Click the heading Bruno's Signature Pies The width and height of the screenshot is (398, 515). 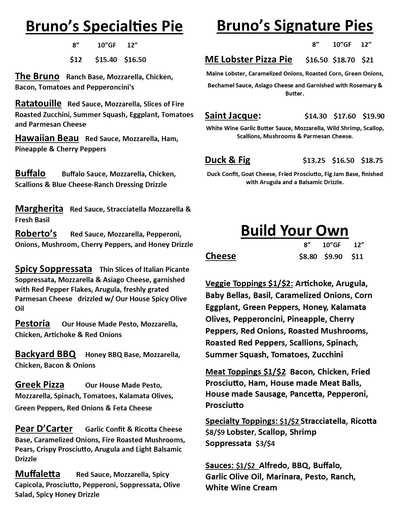pyautogui.click(x=295, y=26)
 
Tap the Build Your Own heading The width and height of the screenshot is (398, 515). pyautogui.click(x=294, y=231)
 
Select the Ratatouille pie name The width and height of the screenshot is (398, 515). pyautogui.click(x=38, y=103)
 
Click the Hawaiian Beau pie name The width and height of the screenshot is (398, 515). pyautogui.click(x=47, y=138)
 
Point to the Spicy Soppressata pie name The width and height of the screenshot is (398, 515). pyautogui.click(x=53, y=269)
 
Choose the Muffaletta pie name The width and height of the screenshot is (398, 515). pyautogui.click(x=37, y=474)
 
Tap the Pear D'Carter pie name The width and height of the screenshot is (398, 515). pyautogui.click(x=44, y=429)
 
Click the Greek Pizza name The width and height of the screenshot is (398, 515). pyautogui.click(x=40, y=385)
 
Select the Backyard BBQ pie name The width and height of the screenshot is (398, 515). pyautogui.click(x=45, y=354)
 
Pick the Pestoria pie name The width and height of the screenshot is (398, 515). pyautogui.click(x=32, y=324)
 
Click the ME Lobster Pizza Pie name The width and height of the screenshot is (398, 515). pyautogui.click(x=248, y=59)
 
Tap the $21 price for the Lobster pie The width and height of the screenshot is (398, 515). pyautogui.click(x=367, y=60)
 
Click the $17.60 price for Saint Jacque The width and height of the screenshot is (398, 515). pyautogui.click(x=345, y=116)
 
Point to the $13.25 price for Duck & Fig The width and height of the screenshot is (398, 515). pyautogui.click(x=314, y=161)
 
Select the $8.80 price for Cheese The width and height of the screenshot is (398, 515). pyautogui.click(x=308, y=257)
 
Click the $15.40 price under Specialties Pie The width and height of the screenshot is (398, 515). pyautogui.click(x=106, y=60)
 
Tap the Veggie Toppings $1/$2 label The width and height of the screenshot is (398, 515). pyautogui.click(x=249, y=283)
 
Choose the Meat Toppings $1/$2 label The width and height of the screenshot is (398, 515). pyautogui.click(x=245, y=372)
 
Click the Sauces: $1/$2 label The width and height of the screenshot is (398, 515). pyautogui.click(x=231, y=465)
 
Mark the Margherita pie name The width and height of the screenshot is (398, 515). pyautogui.click(x=39, y=208)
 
